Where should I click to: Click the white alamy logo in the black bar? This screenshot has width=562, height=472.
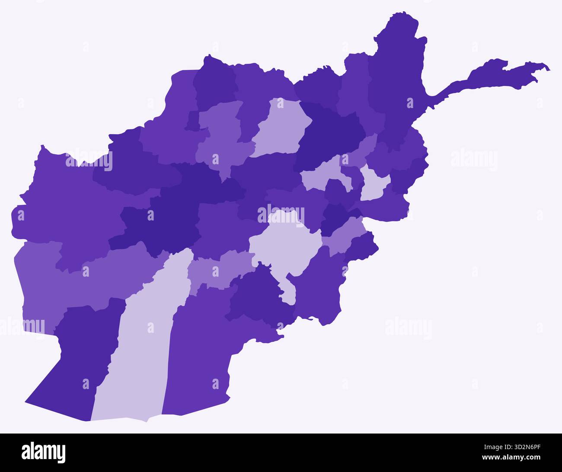click(x=43, y=453)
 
